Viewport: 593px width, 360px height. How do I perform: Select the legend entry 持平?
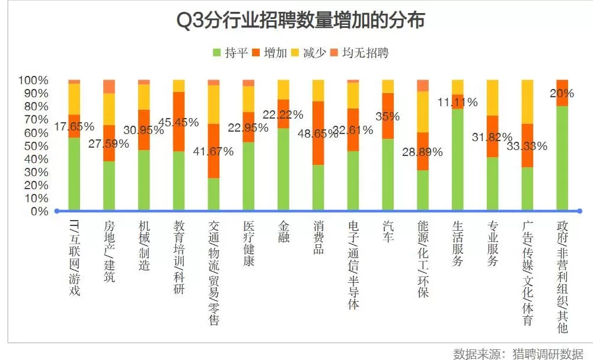230,53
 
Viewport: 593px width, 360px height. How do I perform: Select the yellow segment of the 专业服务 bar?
492,97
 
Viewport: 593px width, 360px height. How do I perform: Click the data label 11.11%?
457,102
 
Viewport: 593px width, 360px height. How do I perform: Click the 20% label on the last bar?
562,93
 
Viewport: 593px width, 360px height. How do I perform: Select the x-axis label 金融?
284,231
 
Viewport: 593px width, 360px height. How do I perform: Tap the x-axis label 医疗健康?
249,243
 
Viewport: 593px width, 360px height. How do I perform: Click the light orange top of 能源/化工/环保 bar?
422,85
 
